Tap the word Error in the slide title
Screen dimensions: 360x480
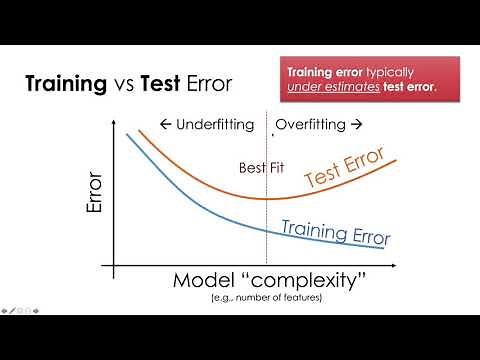[205, 84]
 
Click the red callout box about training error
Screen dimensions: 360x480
[371, 81]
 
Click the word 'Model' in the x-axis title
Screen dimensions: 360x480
[204, 283]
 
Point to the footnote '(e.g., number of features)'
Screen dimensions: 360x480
[266, 299]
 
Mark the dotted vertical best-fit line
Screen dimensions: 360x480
[267, 230]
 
